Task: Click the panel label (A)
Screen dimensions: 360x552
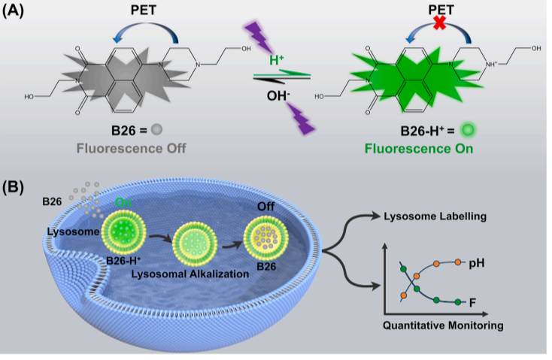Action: point(17,13)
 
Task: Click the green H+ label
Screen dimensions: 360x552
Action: point(277,59)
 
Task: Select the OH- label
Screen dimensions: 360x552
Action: point(277,96)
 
